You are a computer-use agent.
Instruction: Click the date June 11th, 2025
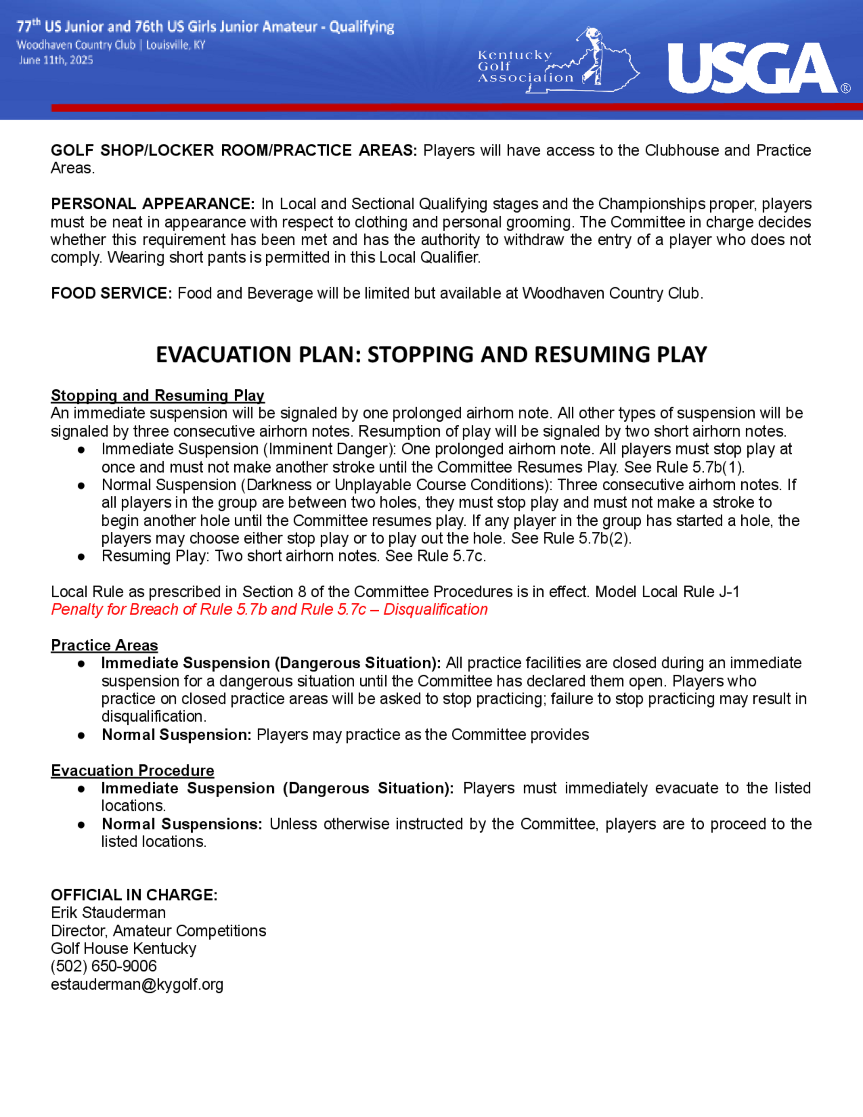coord(56,60)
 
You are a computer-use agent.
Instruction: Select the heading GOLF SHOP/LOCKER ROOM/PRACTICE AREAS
coord(233,150)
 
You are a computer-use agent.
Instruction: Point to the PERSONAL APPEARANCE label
coord(152,204)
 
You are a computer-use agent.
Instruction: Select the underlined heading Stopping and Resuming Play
coord(157,395)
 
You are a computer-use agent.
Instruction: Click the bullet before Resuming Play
coord(81,557)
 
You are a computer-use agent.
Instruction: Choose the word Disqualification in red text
coord(435,609)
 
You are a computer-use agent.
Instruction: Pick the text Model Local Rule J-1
coord(667,592)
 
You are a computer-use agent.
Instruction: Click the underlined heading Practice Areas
coord(104,645)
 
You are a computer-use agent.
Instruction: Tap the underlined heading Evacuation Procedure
coord(132,770)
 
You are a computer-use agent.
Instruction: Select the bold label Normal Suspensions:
coord(182,824)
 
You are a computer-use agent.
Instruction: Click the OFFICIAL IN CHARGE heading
coord(134,895)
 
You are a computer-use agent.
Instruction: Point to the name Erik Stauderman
coord(108,912)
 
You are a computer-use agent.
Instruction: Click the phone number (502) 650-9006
coord(104,966)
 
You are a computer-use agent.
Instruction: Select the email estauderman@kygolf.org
coord(137,984)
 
